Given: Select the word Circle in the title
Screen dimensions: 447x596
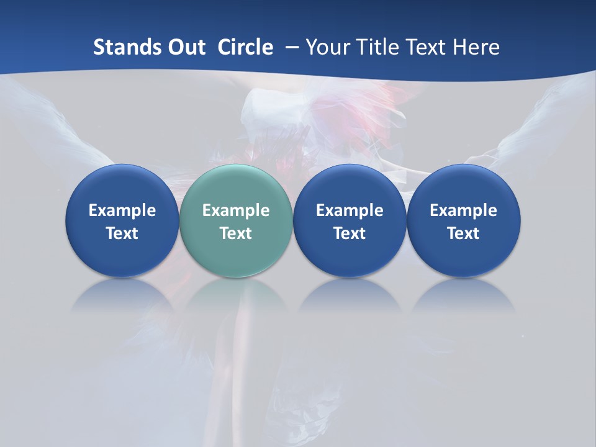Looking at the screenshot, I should pos(245,47).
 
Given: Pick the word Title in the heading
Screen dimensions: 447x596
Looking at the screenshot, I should pos(375,47).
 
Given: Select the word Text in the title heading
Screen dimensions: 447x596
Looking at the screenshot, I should pos(425,47).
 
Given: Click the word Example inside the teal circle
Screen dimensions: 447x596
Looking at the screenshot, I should pos(236,210).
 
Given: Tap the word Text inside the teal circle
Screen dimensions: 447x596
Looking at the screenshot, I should pos(236,233).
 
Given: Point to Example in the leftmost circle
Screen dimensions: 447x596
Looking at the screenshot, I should pos(122,210).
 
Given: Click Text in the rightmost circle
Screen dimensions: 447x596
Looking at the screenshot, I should pos(464,233).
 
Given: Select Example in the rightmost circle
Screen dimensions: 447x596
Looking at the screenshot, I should pos(464,210).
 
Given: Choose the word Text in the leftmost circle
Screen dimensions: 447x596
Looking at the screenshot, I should pos(122,233).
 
